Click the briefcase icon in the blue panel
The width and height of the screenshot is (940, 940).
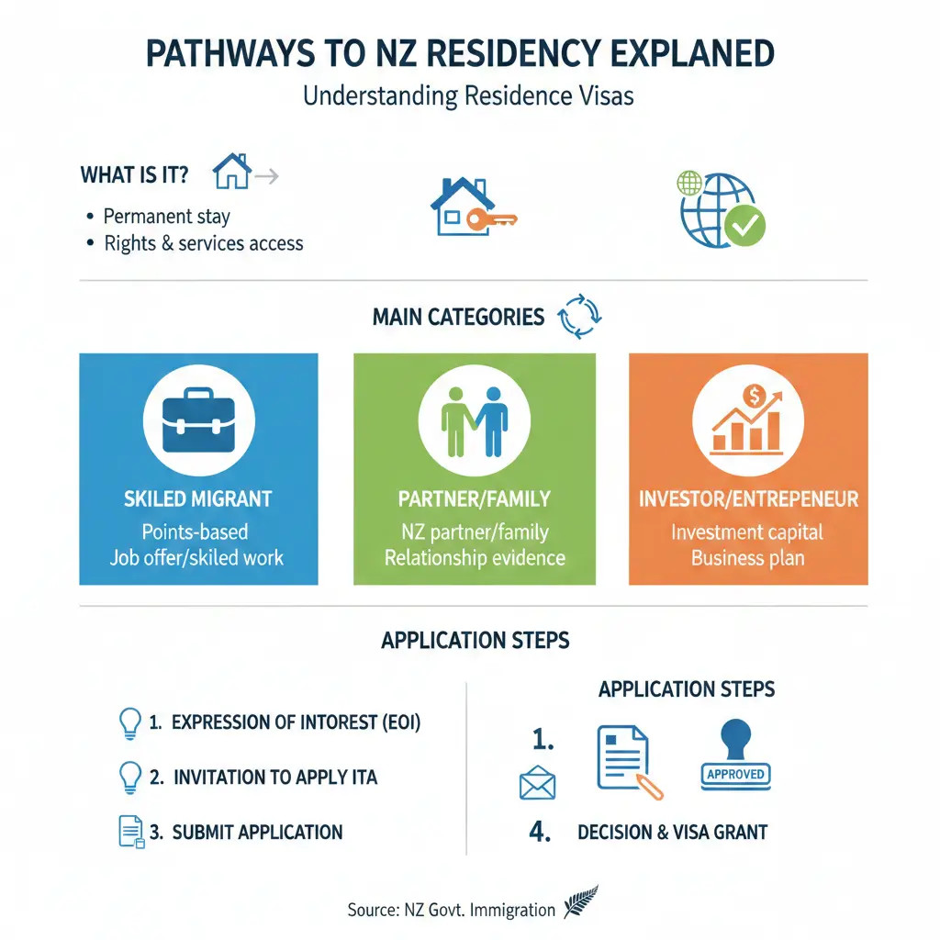pyautogui.click(x=198, y=421)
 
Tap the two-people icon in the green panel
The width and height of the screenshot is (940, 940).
pyautogui.click(x=474, y=421)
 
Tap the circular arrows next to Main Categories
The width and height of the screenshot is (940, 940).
pyautogui.click(x=578, y=317)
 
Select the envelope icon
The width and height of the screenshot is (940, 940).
pyautogui.click(x=537, y=784)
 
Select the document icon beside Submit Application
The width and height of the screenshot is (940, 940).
pyautogui.click(x=129, y=831)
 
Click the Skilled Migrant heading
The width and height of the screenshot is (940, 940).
pyautogui.click(x=198, y=499)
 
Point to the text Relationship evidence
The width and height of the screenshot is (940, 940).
pyautogui.click(x=475, y=557)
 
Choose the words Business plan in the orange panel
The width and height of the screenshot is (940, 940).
pyautogui.click(x=747, y=557)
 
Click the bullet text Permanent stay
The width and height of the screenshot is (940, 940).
pyautogui.click(x=166, y=217)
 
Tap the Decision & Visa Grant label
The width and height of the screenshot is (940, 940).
pyautogui.click(x=672, y=833)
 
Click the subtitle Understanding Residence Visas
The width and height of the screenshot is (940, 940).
pyautogui.click(x=469, y=95)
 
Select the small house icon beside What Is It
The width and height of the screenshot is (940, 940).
pyautogui.click(x=231, y=172)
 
